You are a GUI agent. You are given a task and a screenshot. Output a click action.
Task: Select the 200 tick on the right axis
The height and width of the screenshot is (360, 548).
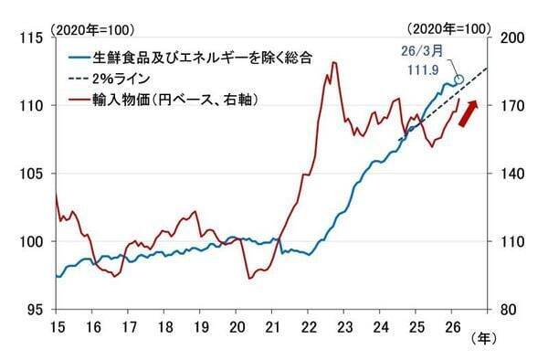pos(510,37)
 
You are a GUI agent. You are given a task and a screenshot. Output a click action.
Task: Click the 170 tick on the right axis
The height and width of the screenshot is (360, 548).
pos(510,105)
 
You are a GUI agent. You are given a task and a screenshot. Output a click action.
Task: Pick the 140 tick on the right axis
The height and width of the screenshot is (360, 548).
pos(510,174)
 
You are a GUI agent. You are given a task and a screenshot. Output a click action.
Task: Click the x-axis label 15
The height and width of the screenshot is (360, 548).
pos(57,326)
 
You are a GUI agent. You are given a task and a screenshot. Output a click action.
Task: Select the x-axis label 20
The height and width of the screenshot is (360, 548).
pos(236,326)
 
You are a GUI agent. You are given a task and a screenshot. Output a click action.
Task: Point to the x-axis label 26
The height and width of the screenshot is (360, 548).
pos(451,326)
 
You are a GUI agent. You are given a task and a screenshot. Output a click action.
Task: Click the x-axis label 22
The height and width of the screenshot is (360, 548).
pos(308,326)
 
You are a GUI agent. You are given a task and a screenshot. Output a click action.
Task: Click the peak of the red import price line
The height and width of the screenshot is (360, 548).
pos(334,62)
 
